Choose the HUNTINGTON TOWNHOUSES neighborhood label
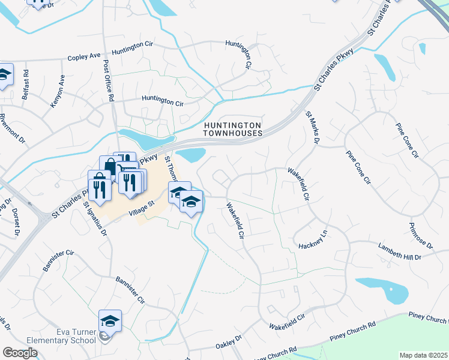click(233, 129)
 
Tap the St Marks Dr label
click(312, 127)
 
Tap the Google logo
click(20, 352)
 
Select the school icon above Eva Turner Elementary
click(110, 321)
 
